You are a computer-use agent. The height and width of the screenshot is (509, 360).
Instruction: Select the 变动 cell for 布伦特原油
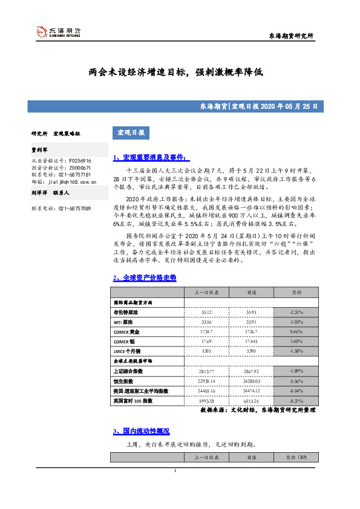pos(296,312)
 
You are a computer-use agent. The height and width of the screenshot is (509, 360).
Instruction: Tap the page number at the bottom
pos(175,472)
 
